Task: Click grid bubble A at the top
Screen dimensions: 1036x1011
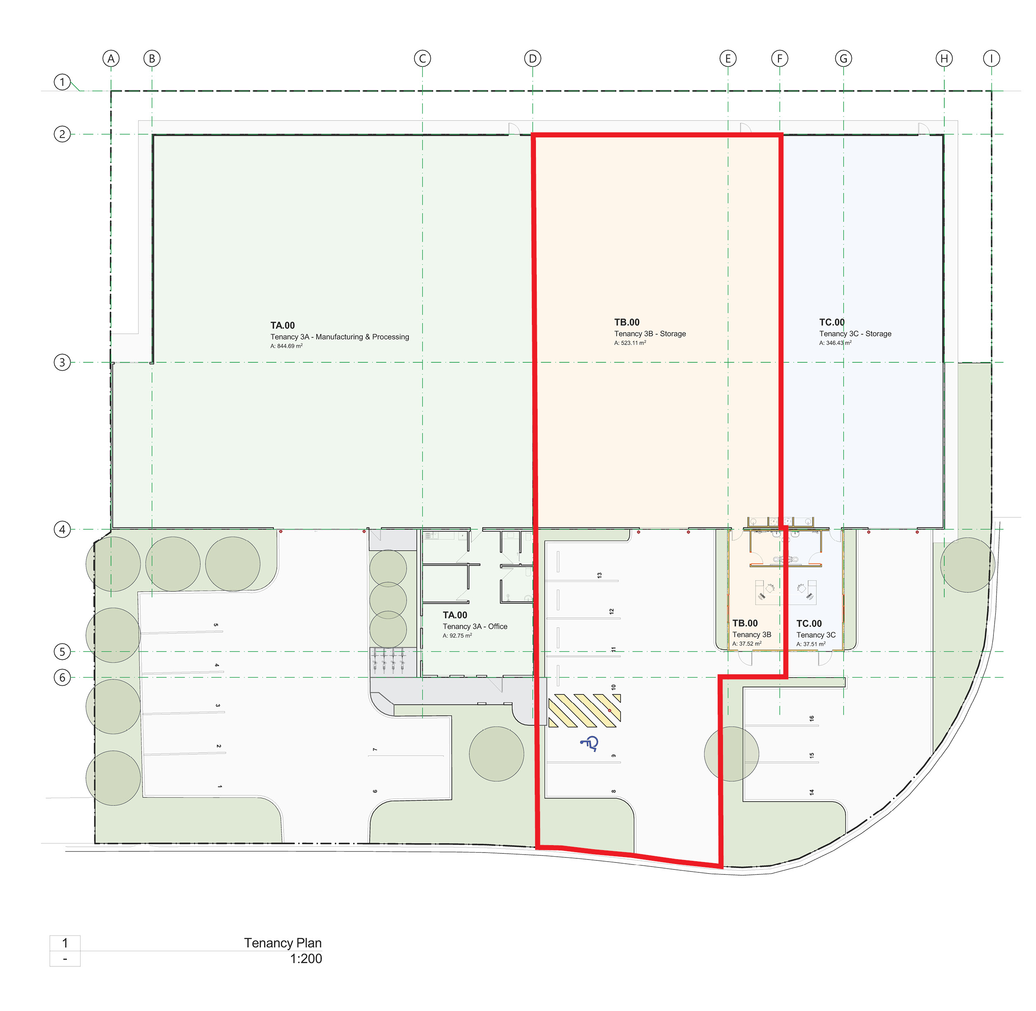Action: pyautogui.click(x=111, y=59)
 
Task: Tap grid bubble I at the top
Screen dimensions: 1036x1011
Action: pyautogui.click(x=991, y=59)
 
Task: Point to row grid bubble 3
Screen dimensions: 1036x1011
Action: pyautogui.click(x=62, y=363)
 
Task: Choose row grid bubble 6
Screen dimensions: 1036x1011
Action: pyautogui.click(x=62, y=678)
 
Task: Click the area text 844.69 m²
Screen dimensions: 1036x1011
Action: pyautogui.click(x=287, y=346)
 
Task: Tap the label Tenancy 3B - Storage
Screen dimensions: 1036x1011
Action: pyautogui.click(x=650, y=334)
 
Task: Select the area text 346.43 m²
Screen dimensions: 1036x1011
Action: pyautogui.click(x=835, y=343)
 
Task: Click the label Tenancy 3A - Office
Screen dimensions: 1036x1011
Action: pyautogui.click(x=475, y=626)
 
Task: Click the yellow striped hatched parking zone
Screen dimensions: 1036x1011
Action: pyautogui.click(x=584, y=711)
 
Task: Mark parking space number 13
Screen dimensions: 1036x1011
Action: pyautogui.click(x=599, y=575)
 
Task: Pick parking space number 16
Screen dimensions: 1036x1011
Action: pyautogui.click(x=811, y=718)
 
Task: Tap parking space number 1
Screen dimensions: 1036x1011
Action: pyautogui.click(x=219, y=787)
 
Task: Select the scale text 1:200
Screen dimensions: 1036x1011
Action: pyautogui.click(x=306, y=959)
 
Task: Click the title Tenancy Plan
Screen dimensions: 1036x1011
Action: pyautogui.click(x=283, y=943)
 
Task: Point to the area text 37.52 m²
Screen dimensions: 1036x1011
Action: pyautogui.click(x=747, y=644)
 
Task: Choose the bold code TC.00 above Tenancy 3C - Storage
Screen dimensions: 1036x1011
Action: pyautogui.click(x=832, y=322)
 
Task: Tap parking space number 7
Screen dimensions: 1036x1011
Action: pyautogui.click(x=375, y=750)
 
